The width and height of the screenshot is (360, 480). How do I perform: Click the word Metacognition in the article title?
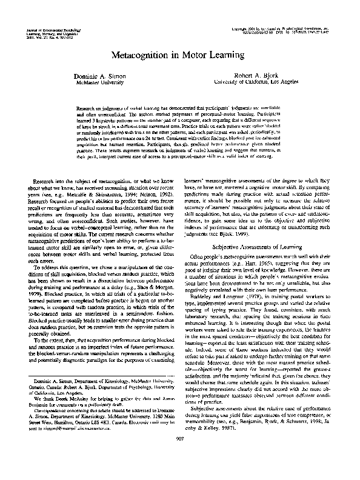pyautogui.click(x=141, y=55)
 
